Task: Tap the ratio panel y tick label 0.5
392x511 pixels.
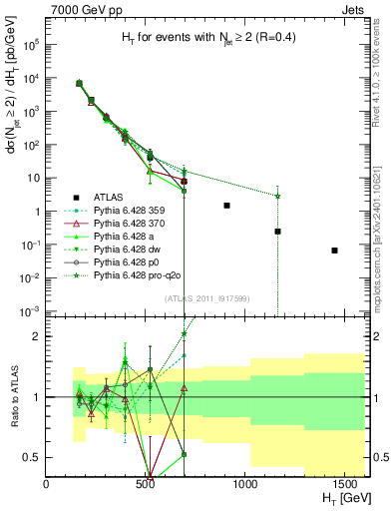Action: coord(32,457)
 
